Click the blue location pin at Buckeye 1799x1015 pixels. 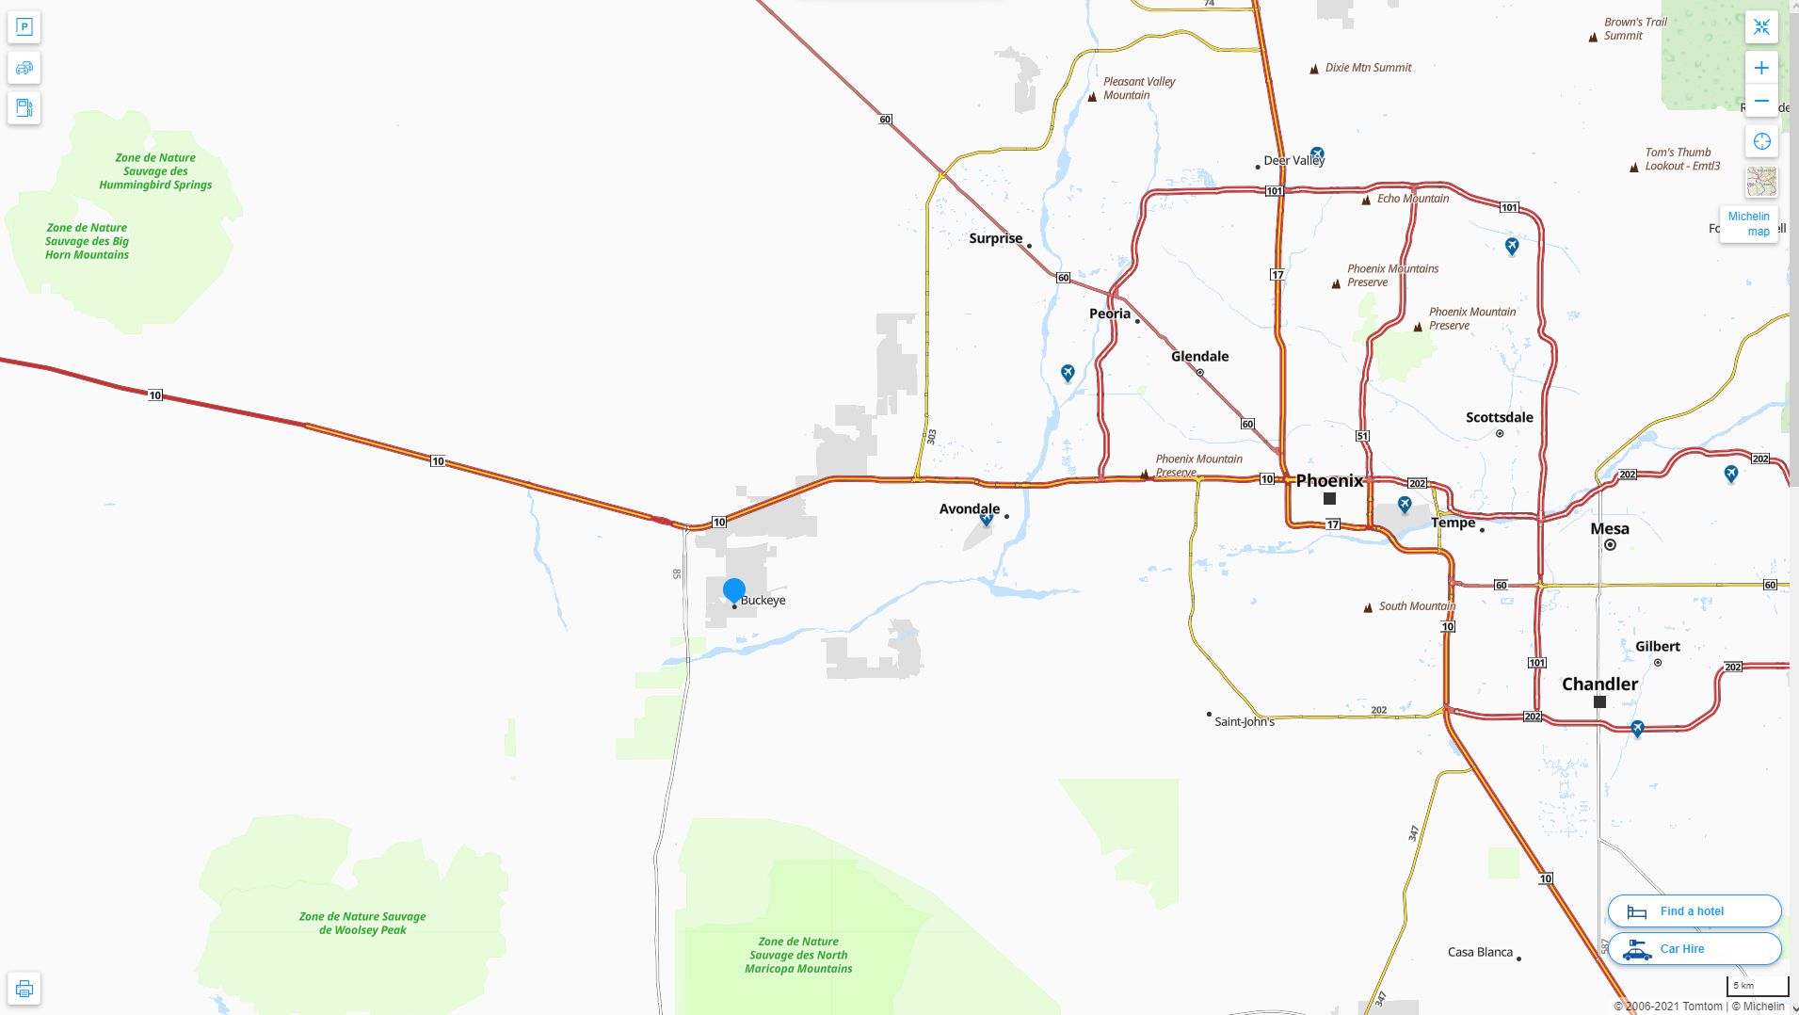[x=734, y=590]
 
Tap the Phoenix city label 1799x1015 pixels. [x=1329, y=481]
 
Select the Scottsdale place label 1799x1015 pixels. [x=1499, y=417]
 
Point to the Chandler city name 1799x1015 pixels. [x=1599, y=685]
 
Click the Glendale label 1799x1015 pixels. [x=1199, y=356]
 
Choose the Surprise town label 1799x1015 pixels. [x=995, y=238]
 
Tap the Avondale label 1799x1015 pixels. [x=969, y=508]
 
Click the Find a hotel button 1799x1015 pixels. [x=1694, y=911]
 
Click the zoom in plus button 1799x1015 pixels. [x=1761, y=68]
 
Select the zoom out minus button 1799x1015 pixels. [x=1761, y=101]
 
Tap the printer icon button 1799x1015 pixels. [x=24, y=989]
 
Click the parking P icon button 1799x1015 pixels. [x=24, y=27]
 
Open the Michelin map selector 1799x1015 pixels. [x=1748, y=224]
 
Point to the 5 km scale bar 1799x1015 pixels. [x=1757, y=987]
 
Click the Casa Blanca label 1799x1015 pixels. [x=1480, y=952]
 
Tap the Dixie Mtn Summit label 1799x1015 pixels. [x=1368, y=68]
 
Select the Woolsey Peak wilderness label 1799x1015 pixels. [x=362, y=923]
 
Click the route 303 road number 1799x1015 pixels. [x=932, y=437]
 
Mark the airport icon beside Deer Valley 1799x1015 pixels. [x=1317, y=153]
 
